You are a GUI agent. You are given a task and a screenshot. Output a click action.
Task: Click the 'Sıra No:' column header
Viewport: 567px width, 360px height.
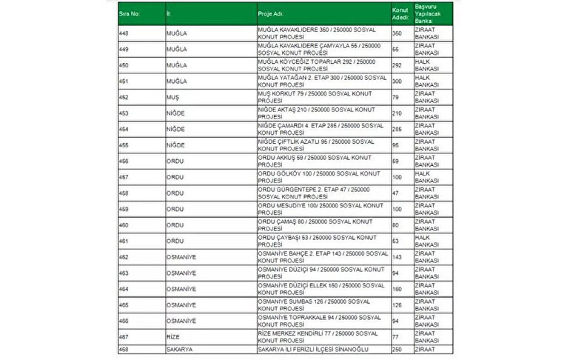[x=130, y=13]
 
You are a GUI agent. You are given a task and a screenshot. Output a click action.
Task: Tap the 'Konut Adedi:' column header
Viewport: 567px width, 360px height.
[x=400, y=13]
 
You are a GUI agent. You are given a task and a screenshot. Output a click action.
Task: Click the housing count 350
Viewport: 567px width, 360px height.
[x=397, y=34]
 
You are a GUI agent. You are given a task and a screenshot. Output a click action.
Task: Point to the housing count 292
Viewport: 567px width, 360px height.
[x=397, y=66]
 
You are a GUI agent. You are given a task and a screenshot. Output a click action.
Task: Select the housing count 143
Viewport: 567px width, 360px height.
[x=397, y=257]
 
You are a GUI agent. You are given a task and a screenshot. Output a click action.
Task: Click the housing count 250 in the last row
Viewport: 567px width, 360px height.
[x=397, y=349]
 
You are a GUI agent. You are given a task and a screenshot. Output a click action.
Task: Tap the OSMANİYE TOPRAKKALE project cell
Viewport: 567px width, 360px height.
[x=318, y=320]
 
